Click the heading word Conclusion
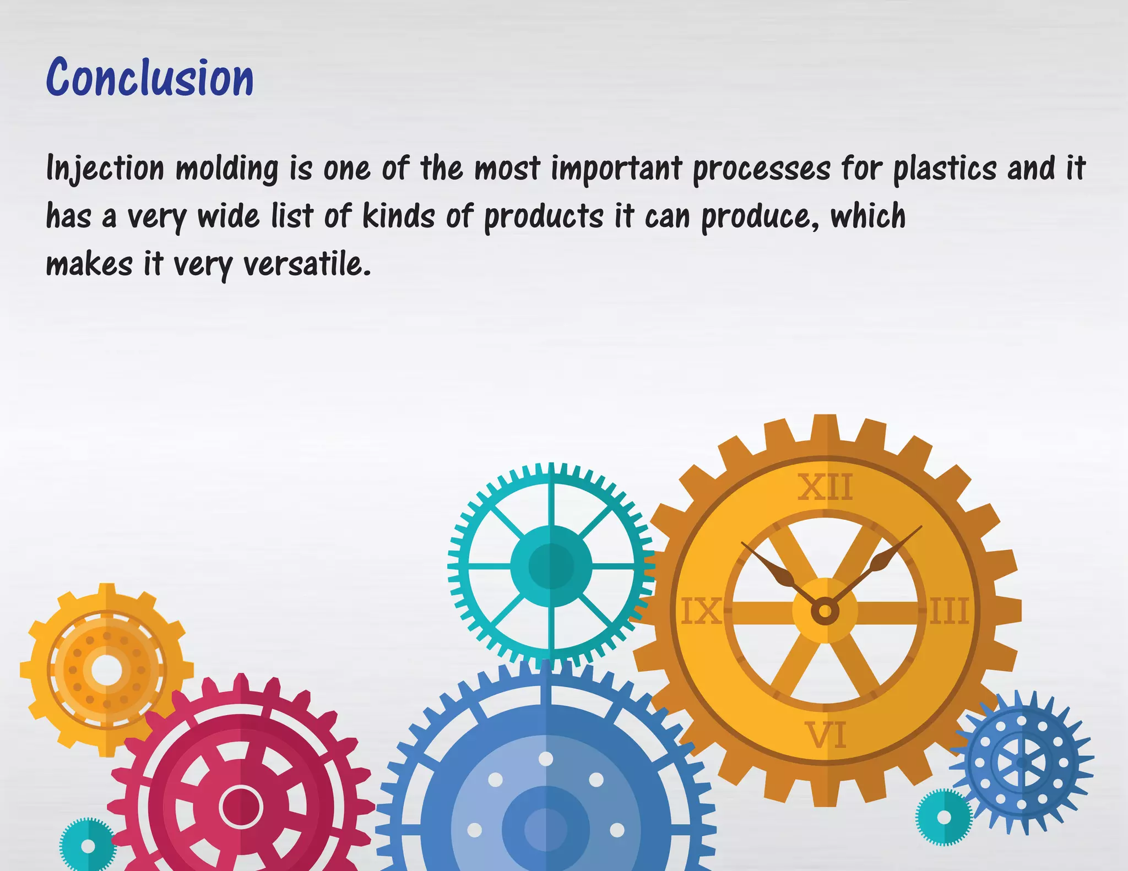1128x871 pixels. [150, 78]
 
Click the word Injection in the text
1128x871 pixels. [105, 168]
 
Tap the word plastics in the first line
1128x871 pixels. [945, 168]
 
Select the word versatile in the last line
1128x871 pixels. [307, 264]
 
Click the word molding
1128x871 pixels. [227, 168]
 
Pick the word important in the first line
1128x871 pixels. [617, 168]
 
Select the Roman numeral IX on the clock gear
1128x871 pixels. [701, 611]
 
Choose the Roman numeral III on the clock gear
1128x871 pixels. [949, 611]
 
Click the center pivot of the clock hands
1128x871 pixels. [825, 611]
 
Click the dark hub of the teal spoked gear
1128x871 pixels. [551, 566]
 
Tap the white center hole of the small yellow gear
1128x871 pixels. [106, 670]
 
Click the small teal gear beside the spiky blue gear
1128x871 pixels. [943, 817]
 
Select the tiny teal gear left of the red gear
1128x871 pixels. [88, 846]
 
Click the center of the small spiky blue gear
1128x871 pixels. [1022, 763]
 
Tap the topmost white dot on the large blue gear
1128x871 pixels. [546, 759]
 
